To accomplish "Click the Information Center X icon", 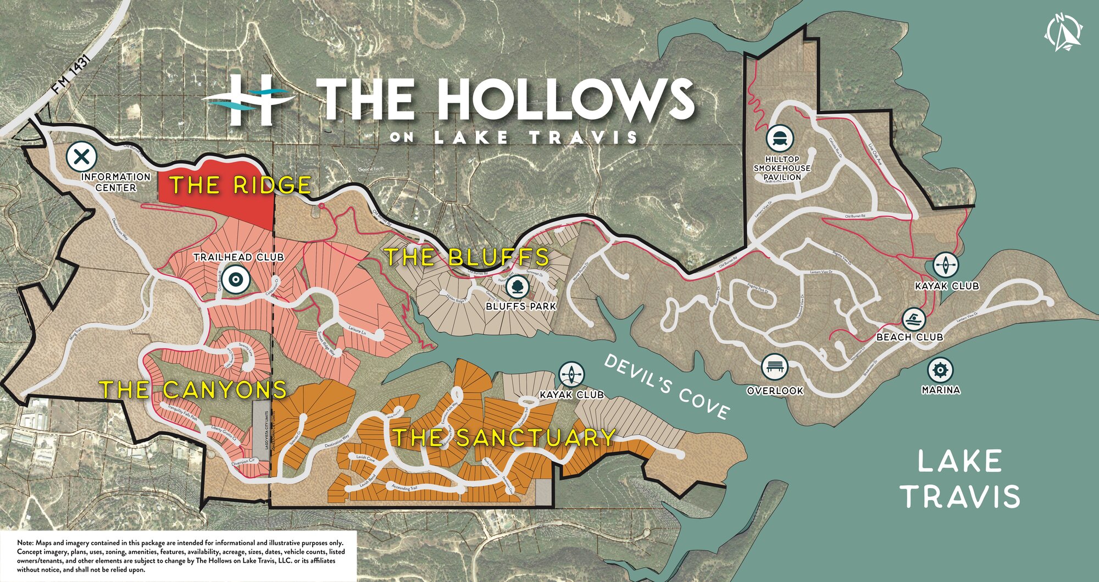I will coord(81,157).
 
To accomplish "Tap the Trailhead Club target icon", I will coord(236,279).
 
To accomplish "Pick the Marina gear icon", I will coord(940,370).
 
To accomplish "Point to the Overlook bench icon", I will coord(775,367).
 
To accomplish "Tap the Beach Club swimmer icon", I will coord(914,319).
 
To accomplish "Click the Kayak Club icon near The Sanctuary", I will coord(572,375).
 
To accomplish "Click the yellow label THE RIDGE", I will coord(240,185).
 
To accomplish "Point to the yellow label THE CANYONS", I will coord(193,390).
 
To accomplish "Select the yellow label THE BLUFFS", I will coord(467,257).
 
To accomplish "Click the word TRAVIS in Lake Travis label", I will coord(961,496).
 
